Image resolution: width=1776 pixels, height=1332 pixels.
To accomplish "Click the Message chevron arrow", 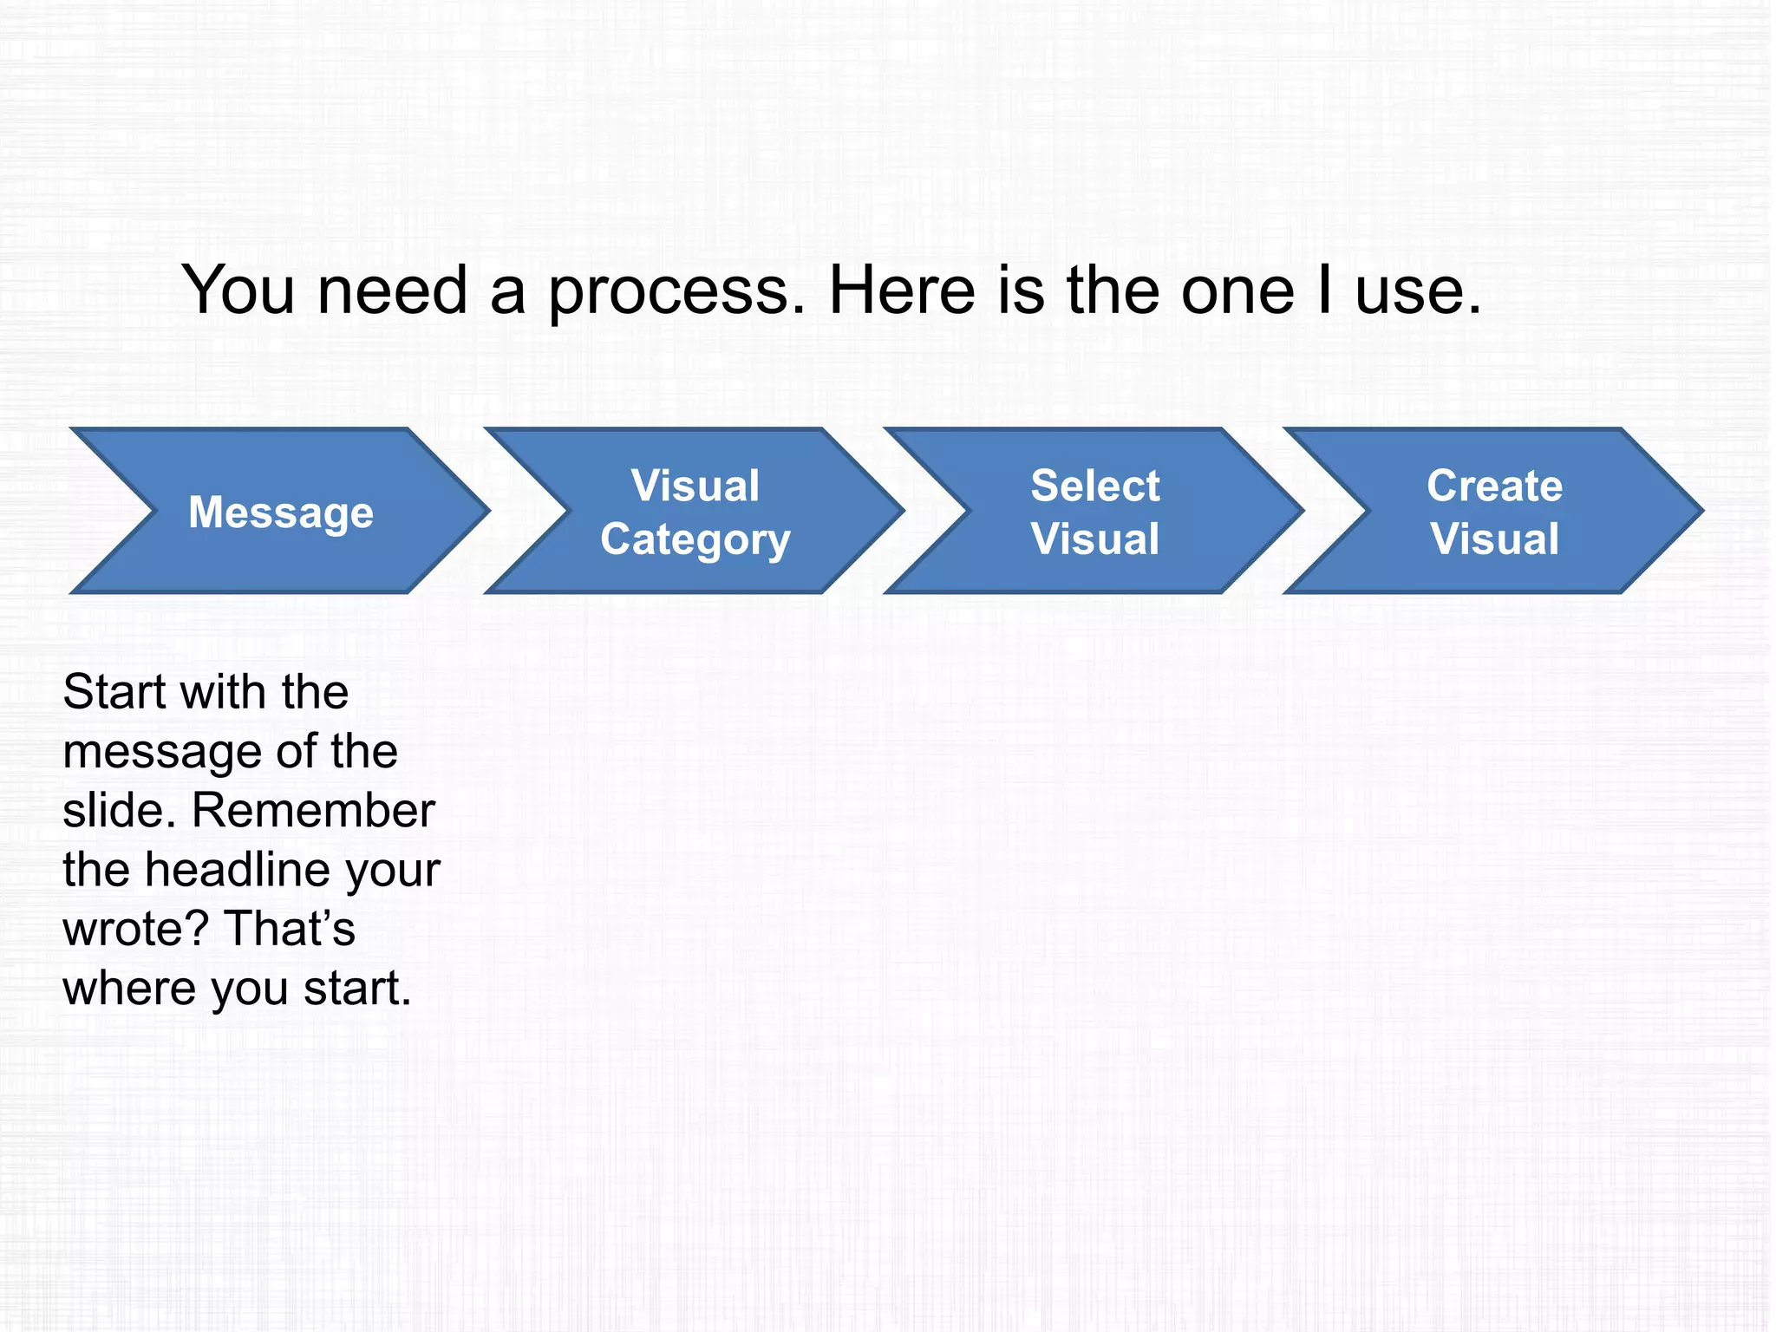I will click(x=281, y=512).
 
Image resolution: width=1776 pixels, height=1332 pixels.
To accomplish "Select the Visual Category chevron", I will click(x=695, y=512).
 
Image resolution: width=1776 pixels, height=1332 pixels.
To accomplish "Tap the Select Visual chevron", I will click(x=1094, y=512).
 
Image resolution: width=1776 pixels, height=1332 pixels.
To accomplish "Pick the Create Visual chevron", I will click(x=1494, y=512).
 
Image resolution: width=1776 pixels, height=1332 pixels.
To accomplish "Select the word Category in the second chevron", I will click(x=695, y=540).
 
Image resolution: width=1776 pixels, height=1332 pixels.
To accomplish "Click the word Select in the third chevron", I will click(x=1094, y=486).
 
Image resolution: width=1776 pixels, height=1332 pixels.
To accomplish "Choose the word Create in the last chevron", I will click(x=1494, y=486).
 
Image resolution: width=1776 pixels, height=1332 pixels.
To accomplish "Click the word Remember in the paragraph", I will click(x=313, y=811).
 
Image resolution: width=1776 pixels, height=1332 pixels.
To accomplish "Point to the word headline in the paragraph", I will click(x=238, y=870).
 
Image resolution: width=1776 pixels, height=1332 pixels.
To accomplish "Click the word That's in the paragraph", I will click(x=290, y=929).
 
